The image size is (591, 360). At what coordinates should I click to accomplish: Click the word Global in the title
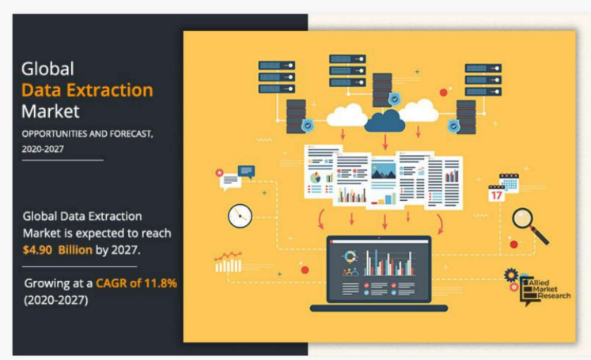tap(47, 69)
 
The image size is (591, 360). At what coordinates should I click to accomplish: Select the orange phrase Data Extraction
tap(88, 89)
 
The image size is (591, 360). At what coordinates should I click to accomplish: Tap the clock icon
tap(239, 214)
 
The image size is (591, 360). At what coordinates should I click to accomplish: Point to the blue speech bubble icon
tap(246, 171)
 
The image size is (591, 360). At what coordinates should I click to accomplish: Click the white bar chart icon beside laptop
tap(228, 263)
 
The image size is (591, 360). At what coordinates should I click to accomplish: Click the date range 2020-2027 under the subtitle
tap(44, 148)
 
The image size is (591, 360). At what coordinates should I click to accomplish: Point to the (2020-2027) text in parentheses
tap(55, 300)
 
